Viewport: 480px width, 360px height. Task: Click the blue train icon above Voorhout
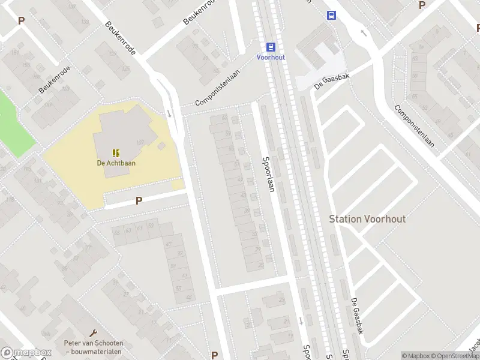(271, 47)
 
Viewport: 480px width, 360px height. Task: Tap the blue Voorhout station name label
(271, 57)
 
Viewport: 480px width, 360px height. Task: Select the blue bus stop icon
(331, 15)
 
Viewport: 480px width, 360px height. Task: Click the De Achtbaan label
(115, 163)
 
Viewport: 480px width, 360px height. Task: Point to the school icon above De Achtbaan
(115, 152)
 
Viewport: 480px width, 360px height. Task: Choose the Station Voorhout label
(367, 218)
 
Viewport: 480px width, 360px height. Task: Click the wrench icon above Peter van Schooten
(93, 332)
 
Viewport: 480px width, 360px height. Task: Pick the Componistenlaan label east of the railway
(414, 126)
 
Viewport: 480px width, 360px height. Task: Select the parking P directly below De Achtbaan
(139, 201)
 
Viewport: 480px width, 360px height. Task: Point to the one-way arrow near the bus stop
(362, 32)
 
